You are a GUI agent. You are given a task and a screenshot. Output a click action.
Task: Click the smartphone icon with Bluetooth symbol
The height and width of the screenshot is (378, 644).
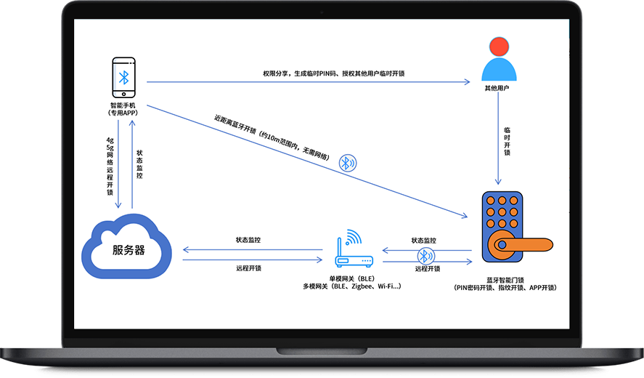click(123, 78)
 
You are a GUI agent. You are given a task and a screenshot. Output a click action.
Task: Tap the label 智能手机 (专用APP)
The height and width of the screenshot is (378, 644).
click(123, 109)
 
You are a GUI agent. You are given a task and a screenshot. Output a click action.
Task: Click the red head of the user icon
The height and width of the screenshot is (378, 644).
click(499, 47)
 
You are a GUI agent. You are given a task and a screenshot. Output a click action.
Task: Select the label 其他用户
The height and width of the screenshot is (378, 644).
click(499, 88)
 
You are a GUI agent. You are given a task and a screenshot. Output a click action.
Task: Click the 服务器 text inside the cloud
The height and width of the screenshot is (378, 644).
click(129, 250)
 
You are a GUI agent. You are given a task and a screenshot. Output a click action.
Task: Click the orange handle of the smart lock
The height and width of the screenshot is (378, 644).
click(521, 244)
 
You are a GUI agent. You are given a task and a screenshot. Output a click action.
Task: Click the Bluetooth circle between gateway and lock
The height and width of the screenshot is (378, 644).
click(425, 256)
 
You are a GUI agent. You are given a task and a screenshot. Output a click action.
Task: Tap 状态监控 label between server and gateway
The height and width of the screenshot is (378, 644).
click(248, 239)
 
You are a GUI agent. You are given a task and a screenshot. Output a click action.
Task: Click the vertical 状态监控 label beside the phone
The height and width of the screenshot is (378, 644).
click(139, 164)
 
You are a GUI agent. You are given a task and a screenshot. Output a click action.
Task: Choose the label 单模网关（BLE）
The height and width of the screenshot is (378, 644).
click(351, 278)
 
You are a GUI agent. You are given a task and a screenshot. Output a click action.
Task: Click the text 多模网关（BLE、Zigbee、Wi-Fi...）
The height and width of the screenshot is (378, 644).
click(351, 287)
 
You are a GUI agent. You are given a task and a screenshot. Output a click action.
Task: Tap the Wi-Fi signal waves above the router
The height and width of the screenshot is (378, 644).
click(354, 236)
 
